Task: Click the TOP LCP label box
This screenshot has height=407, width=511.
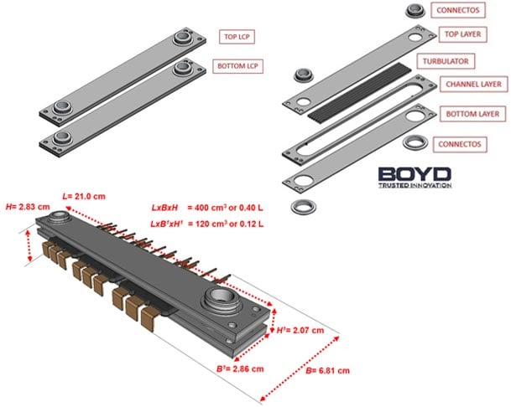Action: pyautogui.click(x=237, y=37)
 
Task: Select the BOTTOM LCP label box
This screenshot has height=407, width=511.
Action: pyautogui.click(x=237, y=66)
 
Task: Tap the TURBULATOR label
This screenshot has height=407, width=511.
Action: pyautogui.click(x=446, y=61)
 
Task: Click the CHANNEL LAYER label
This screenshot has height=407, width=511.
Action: pyautogui.click(x=473, y=85)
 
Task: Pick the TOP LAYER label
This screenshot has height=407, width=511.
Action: pyautogui.click(x=463, y=34)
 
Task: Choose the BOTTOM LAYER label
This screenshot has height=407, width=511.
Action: pyautogui.click(x=472, y=114)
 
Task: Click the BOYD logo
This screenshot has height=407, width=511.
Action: pyautogui.click(x=415, y=178)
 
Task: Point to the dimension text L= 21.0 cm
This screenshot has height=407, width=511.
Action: pyautogui.click(x=84, y=197)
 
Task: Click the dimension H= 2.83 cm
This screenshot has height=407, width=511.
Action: pyautogui.click(x=28, y=207)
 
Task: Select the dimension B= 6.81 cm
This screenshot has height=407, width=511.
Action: pyautogui.click(x=327, y=370)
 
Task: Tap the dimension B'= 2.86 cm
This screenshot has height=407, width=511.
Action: pyautogui.click(x=240, y=369)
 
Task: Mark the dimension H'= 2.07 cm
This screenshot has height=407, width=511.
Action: pyautogui.click(x=300, y=331)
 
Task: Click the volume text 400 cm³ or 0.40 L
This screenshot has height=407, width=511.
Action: pyautogui.click(x=228, y=208)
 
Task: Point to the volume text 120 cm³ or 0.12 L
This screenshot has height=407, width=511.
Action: pyautogui.click(x=228, y=224)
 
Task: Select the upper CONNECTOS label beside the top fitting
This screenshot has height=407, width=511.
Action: pyautogui.click(x=458, y=10)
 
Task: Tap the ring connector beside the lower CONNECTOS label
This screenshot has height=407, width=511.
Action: pyautogui.click(x=415, y=142)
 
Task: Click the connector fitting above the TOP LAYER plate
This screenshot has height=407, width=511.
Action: pyautogui.click(x=415, y=11)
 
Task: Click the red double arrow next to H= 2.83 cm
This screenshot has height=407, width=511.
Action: pyautogui.click(x=29, y=245)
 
